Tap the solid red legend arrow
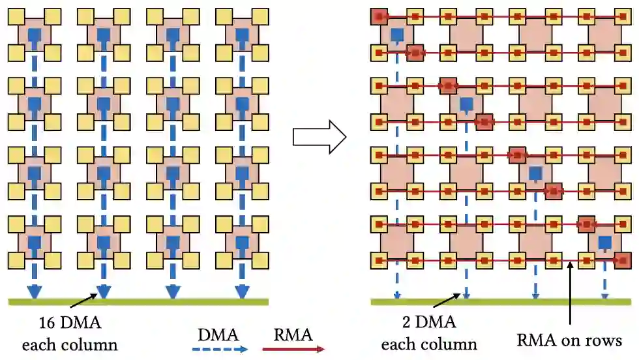293,350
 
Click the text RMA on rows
570,340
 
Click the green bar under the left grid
137,301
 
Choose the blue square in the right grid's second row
466,104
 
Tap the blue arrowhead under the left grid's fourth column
242,292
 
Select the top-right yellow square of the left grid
260,16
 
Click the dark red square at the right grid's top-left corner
378,16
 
